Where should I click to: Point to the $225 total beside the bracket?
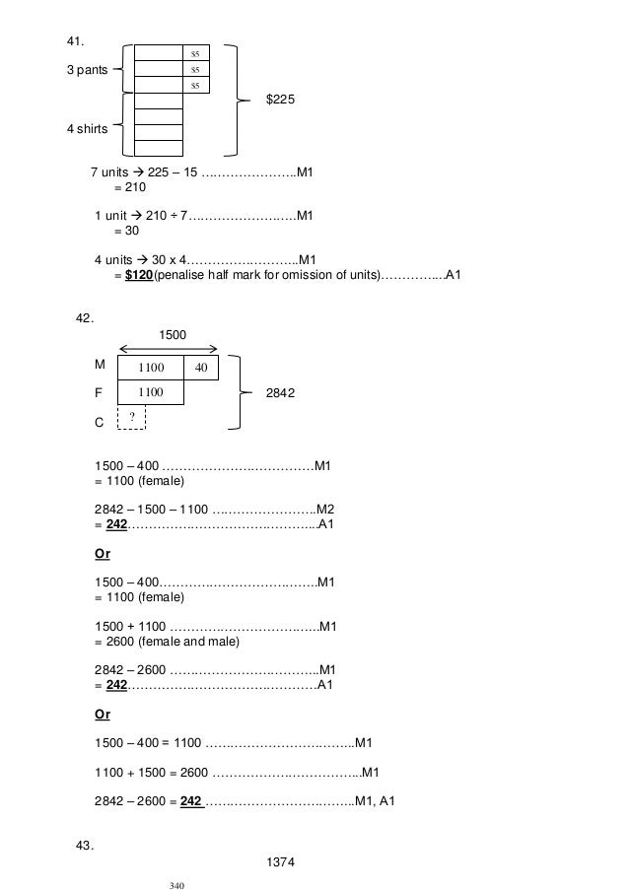click(x=281, y=101)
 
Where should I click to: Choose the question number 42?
click(x=85, y=316)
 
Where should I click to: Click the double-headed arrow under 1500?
click(x=168, y=348)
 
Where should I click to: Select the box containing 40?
click(x=200, y=369)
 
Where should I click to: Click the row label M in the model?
click(x=99, y=365)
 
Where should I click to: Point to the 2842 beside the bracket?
click(x=282, y=392)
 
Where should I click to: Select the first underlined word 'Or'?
click(x=103, y=554)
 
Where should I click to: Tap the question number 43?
click(x=85, y=844)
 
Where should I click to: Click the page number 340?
click(x=177, y=884)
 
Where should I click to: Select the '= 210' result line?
click(x=129, y=187)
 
